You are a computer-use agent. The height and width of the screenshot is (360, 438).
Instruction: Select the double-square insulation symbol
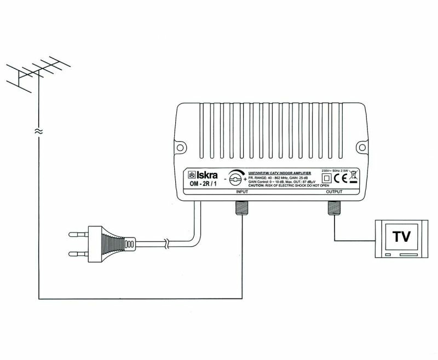327,178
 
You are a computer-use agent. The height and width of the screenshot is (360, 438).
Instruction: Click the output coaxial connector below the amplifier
333,206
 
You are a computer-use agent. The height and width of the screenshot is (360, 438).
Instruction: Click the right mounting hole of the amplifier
361,147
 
